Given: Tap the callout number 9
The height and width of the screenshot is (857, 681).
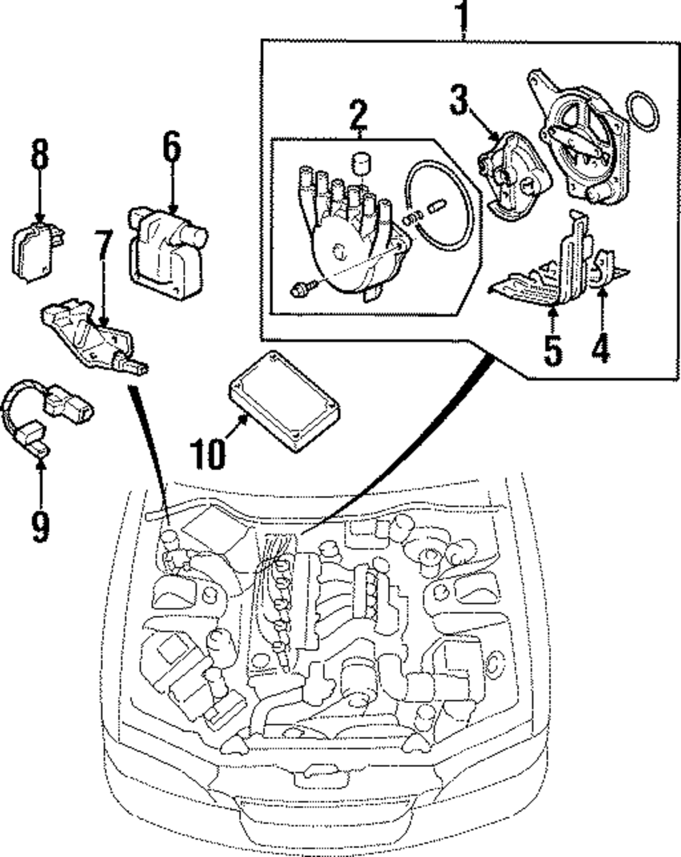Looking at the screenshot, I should click(40, 526).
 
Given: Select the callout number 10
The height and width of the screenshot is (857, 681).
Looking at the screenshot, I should click(206, 452).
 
